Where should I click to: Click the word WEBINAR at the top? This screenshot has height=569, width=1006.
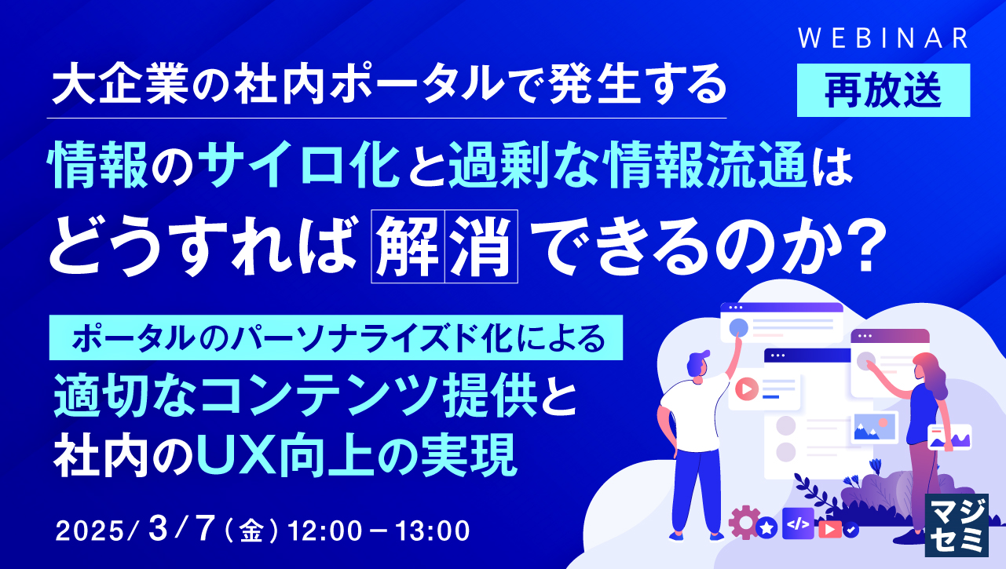pyautogui.click(x=882, y=38)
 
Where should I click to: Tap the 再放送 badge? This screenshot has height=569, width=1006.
pyautogui.click(x=883, y=90)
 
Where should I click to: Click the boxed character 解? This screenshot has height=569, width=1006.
pyautogui.click(x=407, y=246)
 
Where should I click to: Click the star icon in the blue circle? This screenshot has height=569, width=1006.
pyautogui.click(x=766, y=528)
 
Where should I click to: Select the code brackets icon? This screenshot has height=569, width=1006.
pyautogui.click(x=799, y=522)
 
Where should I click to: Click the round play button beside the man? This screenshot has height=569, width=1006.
pyautogui.click(x=747, y=387)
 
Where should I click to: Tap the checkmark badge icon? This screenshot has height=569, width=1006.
pyautogui.click(x=851, y=530)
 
